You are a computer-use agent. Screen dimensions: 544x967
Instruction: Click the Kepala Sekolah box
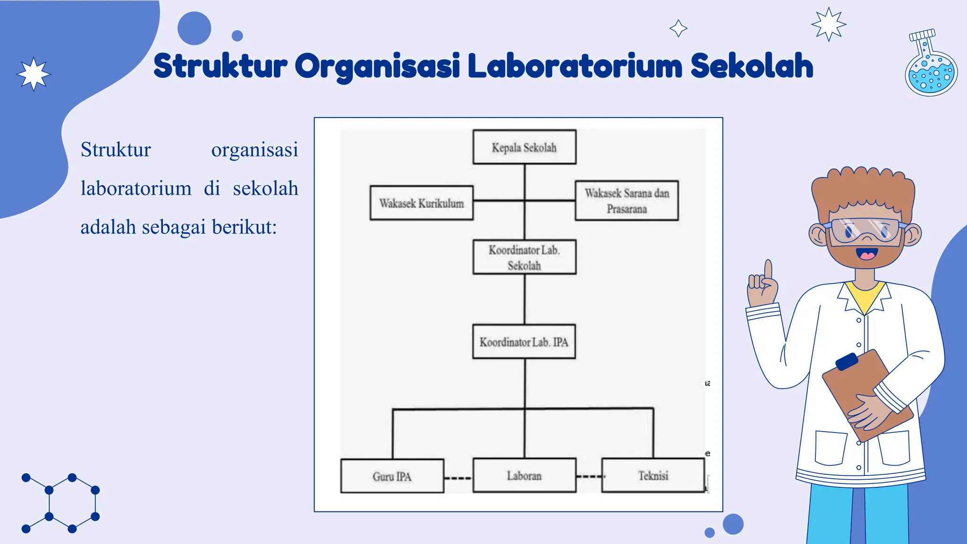[524, 147]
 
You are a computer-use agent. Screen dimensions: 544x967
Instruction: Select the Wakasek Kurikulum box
[421, 203]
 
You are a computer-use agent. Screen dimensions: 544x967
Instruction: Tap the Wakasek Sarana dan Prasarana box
[627, 201]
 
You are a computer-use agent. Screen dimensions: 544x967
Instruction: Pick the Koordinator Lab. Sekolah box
[524, 257]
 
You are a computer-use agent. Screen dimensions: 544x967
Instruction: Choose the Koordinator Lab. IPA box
[524, 341]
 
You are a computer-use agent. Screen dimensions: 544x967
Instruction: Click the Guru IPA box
[392, 476]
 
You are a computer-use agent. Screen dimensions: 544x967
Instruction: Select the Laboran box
[524, 476]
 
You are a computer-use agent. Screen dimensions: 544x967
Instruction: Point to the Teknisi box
[653, 476]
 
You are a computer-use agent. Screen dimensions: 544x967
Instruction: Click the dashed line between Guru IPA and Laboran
[458, 478]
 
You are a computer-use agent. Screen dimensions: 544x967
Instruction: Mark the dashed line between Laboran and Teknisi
[589, 476]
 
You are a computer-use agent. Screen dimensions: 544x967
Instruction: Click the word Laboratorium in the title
[575, 66]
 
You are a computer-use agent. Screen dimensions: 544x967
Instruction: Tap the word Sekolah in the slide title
[752, 66]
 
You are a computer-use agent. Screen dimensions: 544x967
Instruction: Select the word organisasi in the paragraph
[254, 150]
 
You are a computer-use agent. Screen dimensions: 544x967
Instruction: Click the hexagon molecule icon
[61, 503]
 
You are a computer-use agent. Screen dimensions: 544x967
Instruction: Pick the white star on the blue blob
[34, 74]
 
